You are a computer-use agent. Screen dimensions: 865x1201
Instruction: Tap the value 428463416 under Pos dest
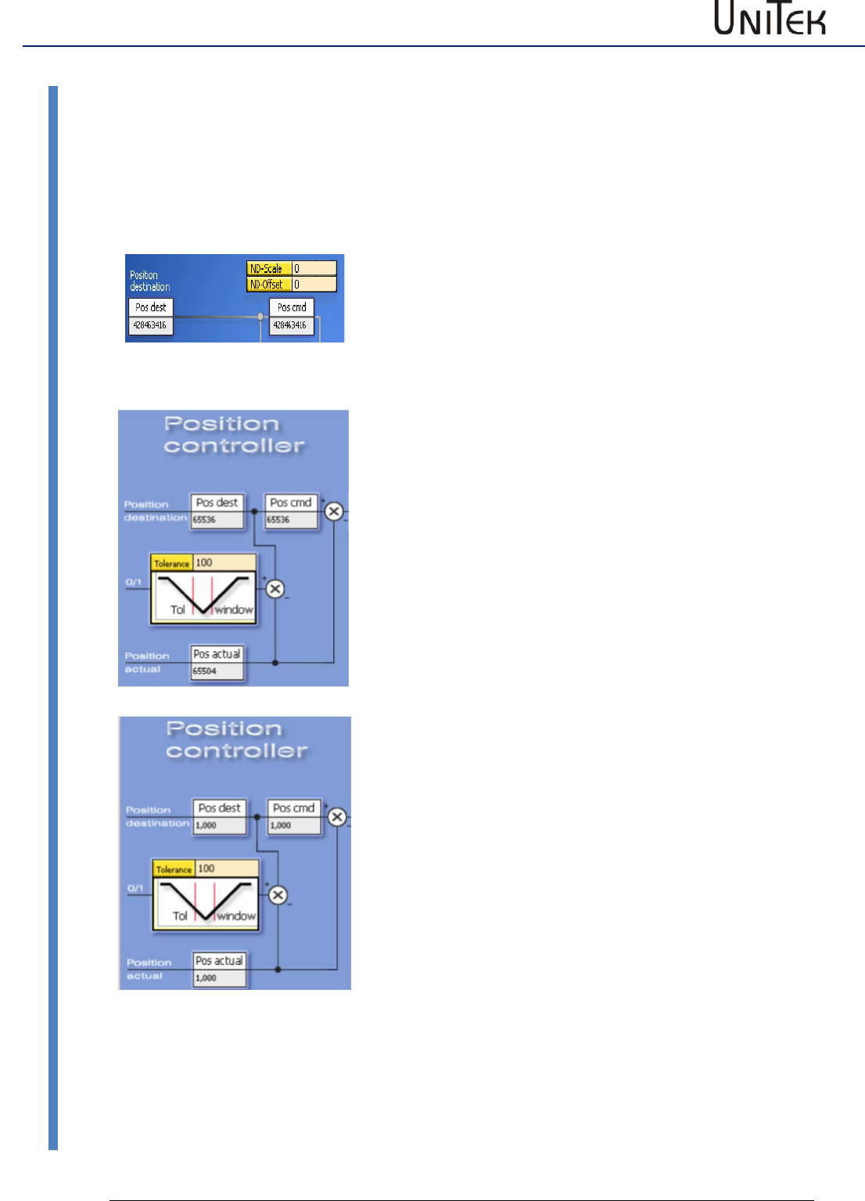(150, 325)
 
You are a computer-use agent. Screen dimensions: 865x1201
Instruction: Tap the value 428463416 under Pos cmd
(291, 325)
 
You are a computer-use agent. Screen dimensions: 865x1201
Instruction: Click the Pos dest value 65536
(217, 520)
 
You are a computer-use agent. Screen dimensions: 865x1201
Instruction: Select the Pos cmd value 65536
(291, 520)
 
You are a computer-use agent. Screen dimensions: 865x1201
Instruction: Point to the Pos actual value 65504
(217, 671)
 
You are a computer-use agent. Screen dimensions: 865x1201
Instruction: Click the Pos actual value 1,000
(219, 978)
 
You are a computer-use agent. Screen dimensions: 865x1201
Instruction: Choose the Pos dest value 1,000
(219, 826)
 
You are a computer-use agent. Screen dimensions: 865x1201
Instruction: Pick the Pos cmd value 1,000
(293, 826)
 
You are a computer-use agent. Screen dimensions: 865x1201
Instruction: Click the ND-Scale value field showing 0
(314, 268)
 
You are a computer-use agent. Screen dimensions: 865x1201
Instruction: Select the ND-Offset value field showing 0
(314, 285)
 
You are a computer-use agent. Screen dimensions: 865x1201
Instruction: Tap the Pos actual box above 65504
(217, 654)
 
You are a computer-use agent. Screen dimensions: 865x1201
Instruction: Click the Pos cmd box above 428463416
(292, 307)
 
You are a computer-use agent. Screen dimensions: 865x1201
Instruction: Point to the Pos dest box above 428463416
(150, 307)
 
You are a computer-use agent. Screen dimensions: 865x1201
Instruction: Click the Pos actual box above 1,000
(219, 961)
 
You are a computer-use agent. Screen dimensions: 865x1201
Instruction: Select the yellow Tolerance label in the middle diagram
(171, 563)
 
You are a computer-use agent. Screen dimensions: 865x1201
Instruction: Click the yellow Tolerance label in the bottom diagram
(174, 869)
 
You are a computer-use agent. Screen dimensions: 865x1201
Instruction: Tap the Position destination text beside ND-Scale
(149, 281)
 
